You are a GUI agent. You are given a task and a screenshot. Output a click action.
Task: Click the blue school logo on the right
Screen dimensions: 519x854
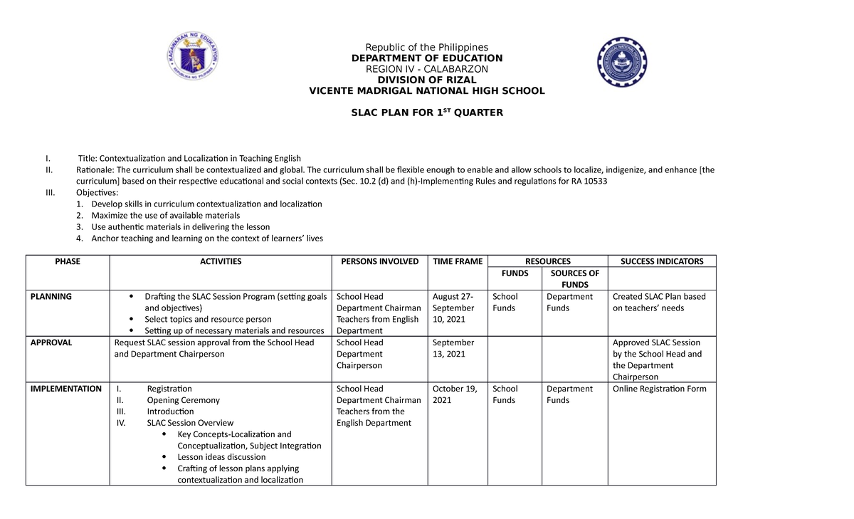622,63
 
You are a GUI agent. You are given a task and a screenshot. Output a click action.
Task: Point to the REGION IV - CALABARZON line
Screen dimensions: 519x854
426,69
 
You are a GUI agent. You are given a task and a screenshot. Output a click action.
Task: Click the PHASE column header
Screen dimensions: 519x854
68,261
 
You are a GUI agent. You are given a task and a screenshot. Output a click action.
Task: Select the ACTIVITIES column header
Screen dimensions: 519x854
221,261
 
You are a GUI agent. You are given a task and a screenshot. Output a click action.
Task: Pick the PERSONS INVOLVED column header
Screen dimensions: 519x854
380,261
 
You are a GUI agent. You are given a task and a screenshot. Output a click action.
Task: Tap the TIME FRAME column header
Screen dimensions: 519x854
458,261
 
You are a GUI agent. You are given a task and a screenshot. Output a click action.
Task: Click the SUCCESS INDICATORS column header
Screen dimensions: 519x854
662,261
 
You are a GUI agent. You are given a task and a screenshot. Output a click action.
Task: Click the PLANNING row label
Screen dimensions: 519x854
51,296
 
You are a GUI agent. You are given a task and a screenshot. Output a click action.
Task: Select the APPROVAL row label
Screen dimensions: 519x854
51,342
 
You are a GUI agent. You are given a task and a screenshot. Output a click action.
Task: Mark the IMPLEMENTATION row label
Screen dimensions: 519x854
65,389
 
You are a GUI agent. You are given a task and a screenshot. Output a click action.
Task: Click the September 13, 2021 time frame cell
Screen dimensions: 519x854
453,348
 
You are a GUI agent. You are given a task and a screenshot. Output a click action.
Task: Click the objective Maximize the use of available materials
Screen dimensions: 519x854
166,215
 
